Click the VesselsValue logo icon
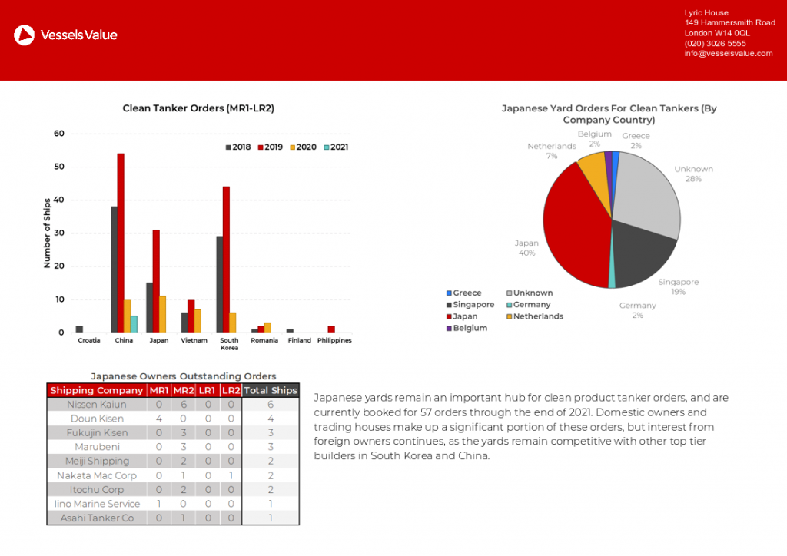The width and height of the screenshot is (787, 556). coord(25,35)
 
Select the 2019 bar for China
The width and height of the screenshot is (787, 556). coord(121,243)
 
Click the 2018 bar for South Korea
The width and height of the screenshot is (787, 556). coord(220,284)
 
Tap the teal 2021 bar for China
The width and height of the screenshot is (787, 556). coord(134,324)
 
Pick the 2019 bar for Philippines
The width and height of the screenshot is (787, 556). coord(331,329)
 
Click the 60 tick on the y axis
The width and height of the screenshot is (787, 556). coord(59,134)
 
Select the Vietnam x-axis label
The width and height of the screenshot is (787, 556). coord(194,340)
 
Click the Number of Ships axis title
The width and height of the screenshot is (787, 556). coord(47,233)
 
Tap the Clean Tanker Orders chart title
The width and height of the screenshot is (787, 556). coord(198,108)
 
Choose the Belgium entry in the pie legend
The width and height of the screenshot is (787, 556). coord(470,328)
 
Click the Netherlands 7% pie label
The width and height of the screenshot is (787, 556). coord(552,151)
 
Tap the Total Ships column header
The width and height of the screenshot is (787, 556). coord(271,390)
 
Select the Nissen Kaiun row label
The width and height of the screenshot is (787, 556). coord(97,405)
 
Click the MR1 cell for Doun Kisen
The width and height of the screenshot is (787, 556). coord(158,419)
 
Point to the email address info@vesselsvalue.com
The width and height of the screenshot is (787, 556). coord(729,54)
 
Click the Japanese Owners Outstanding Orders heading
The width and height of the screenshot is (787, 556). coord(184,376)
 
